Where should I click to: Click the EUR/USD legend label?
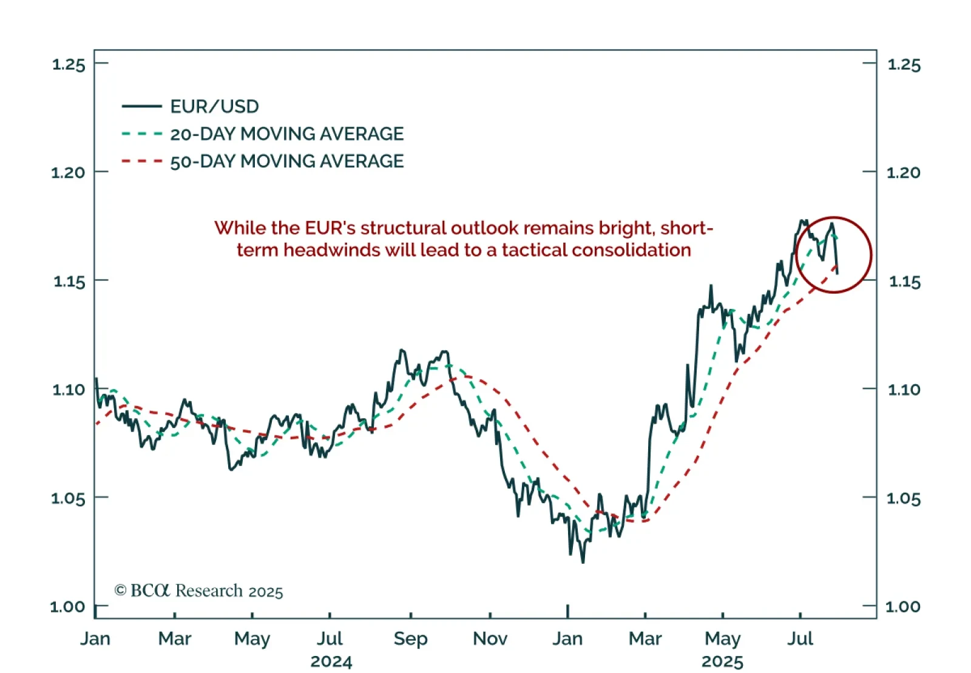(x=214, y=107)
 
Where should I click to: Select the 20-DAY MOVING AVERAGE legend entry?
(x=286, y=134)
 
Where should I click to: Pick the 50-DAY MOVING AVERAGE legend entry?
(x=286, y=161)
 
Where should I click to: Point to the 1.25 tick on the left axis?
(x=69, y=64)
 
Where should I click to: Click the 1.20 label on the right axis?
(x=904, y=173)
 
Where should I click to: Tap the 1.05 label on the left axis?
(x=68, y=498)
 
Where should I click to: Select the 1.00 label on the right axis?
(x=903, y=606)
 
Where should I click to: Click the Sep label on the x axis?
(x=410, y=638)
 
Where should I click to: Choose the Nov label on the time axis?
(x=490, y=638)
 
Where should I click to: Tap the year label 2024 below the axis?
(x=331, y=661)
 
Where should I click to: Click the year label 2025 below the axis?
(x=722, y=661)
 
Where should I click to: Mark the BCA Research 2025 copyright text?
(x=199, y=590)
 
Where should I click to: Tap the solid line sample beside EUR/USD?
(x=142, y=107)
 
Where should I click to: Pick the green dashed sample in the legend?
(x=142, y=134)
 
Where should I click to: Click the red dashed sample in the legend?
(x=142, y=161)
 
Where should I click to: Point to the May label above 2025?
(x=722, y=638)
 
